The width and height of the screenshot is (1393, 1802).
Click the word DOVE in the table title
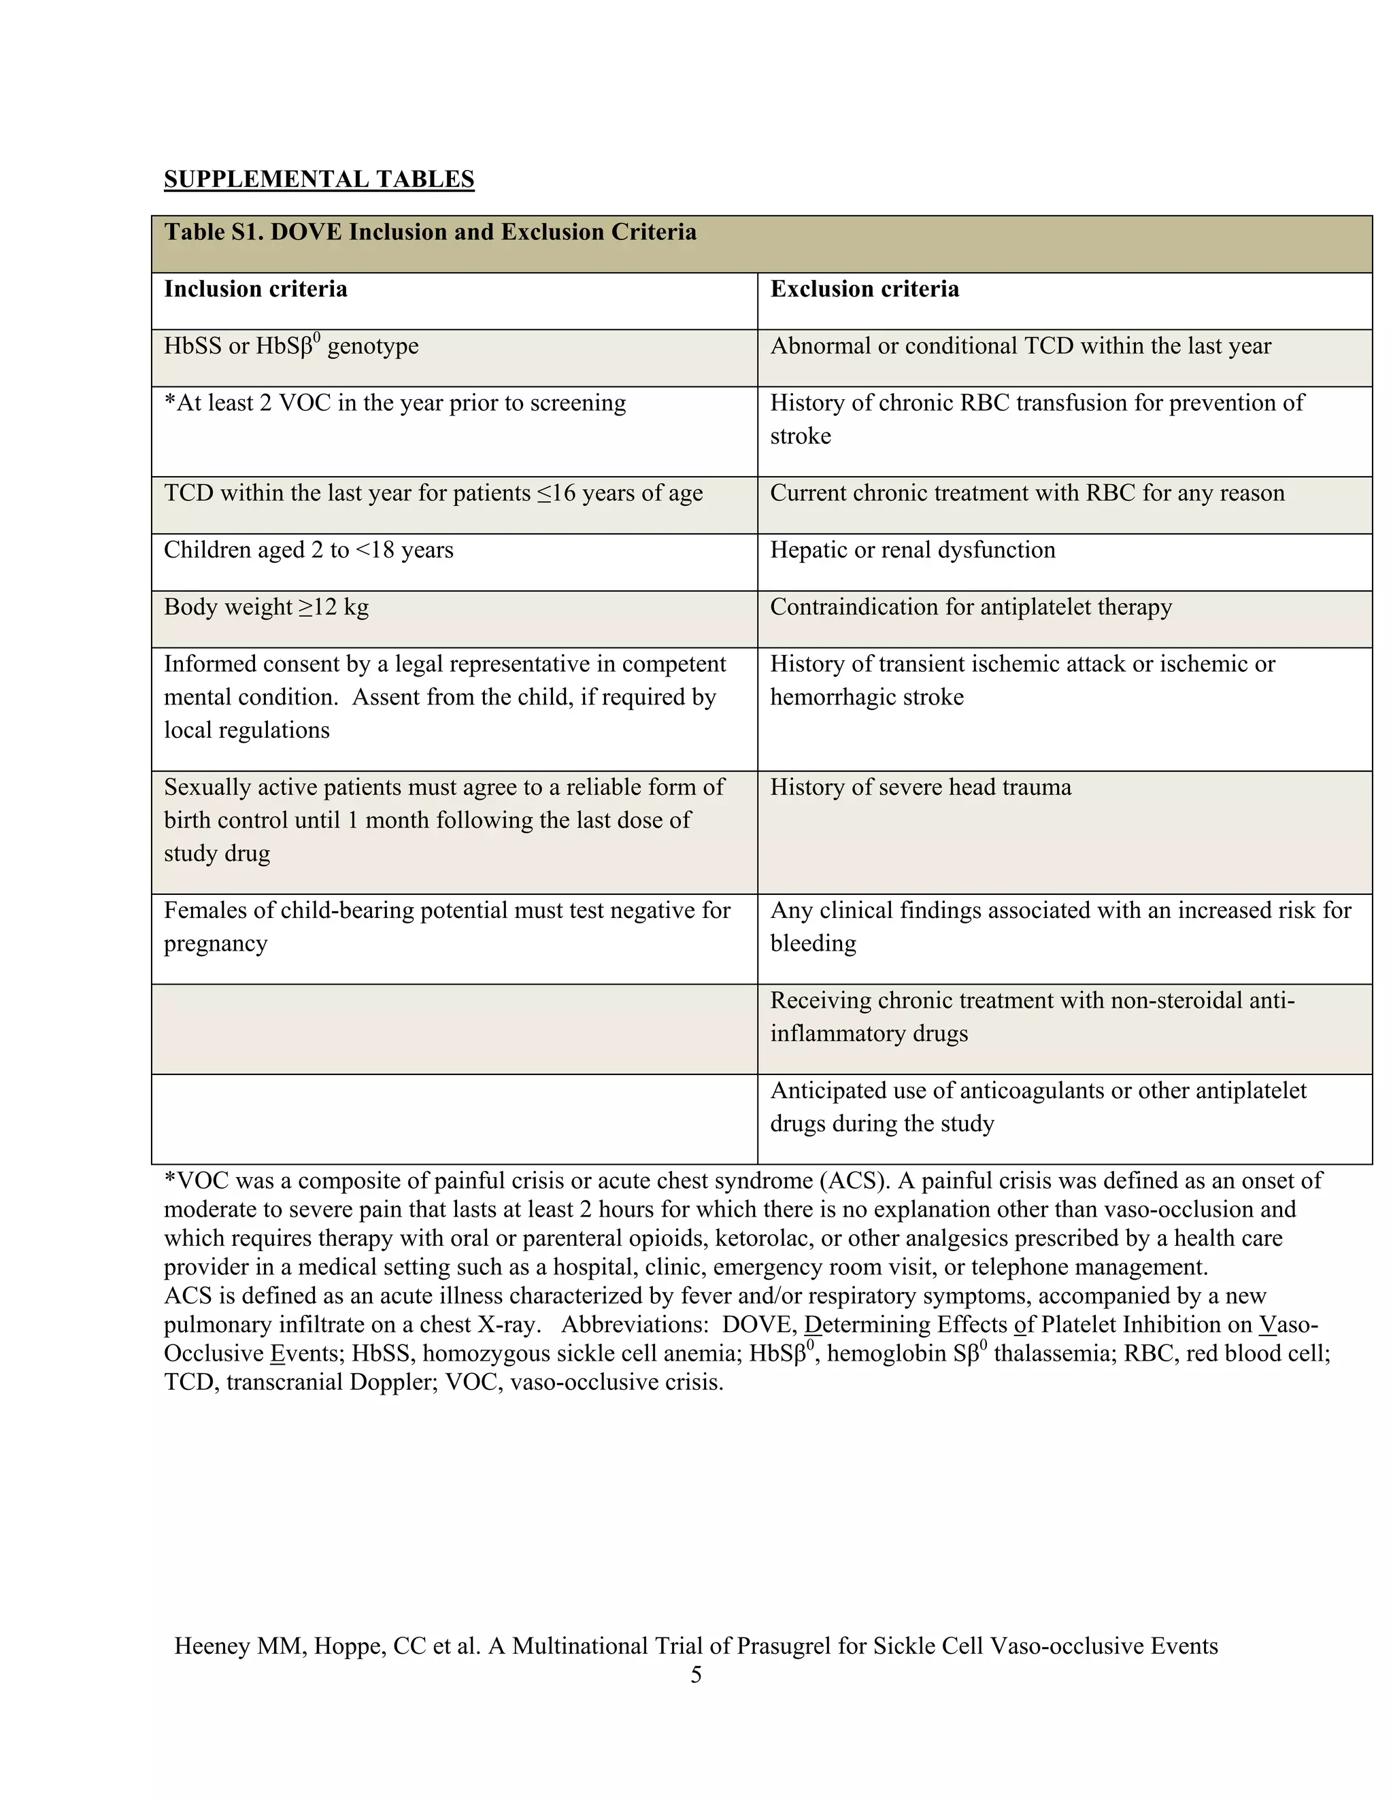pyautogui.click(x=305, y=232)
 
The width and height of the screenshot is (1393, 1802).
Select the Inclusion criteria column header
pyautogui.click(x=255, y=289)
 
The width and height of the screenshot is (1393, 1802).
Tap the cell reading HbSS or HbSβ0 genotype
pyautogui.click(x=290, y=347)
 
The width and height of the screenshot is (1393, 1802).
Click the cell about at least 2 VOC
pyautogui.click(x=395, y=403)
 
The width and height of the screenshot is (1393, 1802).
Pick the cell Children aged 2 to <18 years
pyautogui.click(x=309, y=550)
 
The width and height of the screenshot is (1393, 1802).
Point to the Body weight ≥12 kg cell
pyautogui.click(x=266, y=607)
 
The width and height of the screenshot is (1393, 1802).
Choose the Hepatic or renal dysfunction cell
pyautogui.click(x=912, y=550)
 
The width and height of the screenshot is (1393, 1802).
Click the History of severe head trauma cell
pyautogui.click(x=920, y=787)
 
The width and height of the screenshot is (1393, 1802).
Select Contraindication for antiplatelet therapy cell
pyautogui.click(x=971, y=607)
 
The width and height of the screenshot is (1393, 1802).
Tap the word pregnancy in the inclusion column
pyautogui.click(x=216, y=943)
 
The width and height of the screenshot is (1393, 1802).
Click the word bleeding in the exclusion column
pyautogui.click(x=813, y=943)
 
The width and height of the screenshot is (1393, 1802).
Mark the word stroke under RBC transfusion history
pyautogui.click(x=800, y=436)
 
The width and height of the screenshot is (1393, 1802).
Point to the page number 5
pyautogui.click(x=696, y=1674)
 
